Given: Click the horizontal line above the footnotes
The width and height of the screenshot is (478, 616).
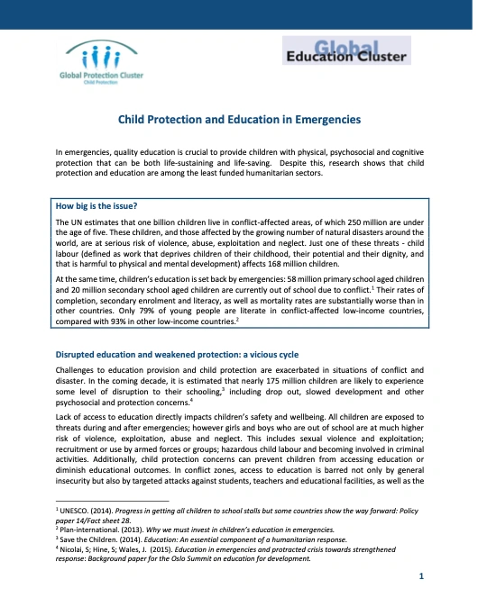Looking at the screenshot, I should click(112, 501).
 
